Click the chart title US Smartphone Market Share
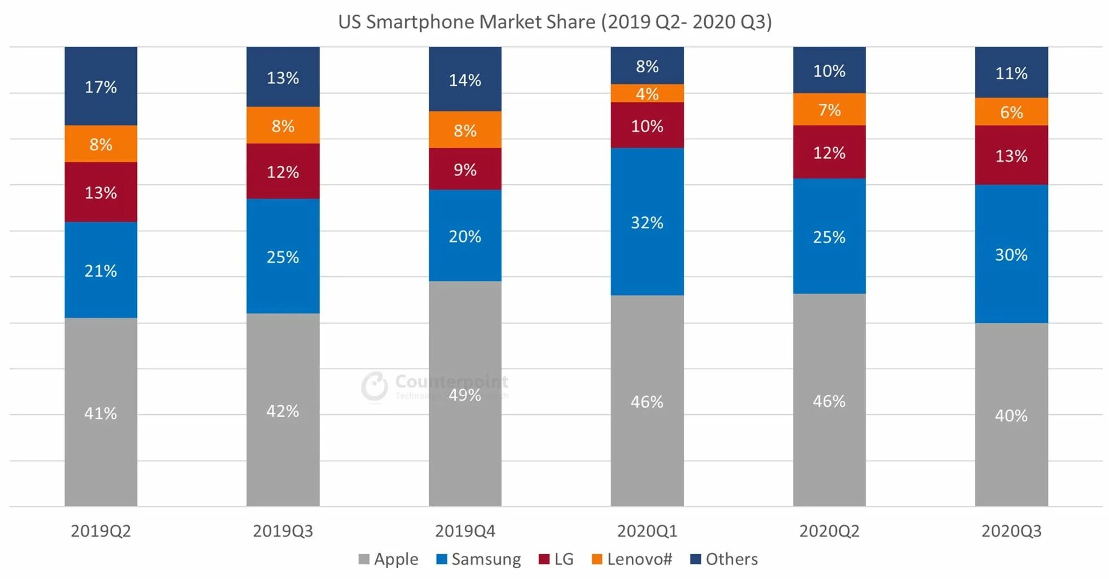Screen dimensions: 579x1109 (554, 22)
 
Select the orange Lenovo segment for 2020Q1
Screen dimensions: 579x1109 (647, 94)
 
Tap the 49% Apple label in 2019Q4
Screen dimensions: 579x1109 (465, 395)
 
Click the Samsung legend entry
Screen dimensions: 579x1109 (478, 559)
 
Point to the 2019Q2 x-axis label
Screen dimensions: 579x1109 (100, 531)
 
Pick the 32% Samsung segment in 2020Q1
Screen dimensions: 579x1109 (647, 222)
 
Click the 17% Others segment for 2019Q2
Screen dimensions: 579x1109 (100, 86)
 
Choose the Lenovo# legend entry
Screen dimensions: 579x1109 (632, 559)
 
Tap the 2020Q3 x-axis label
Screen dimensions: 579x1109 (1011, 531)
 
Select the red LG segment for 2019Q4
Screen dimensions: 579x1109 (465, 169)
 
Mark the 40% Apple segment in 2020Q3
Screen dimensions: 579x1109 (1011, 415)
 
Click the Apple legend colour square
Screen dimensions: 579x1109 (364, 559)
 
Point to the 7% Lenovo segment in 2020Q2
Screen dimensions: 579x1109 (829, 109)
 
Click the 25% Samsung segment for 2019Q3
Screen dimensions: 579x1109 (283, 257)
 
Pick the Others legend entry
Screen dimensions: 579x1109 (724, 559)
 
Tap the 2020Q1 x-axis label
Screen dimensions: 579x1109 (647, 531)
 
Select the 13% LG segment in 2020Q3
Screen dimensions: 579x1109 (1011, 156)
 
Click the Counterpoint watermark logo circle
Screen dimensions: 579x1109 (375, 386)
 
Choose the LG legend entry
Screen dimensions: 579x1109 (556, 559)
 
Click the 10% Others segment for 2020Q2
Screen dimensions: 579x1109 (829, 70)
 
